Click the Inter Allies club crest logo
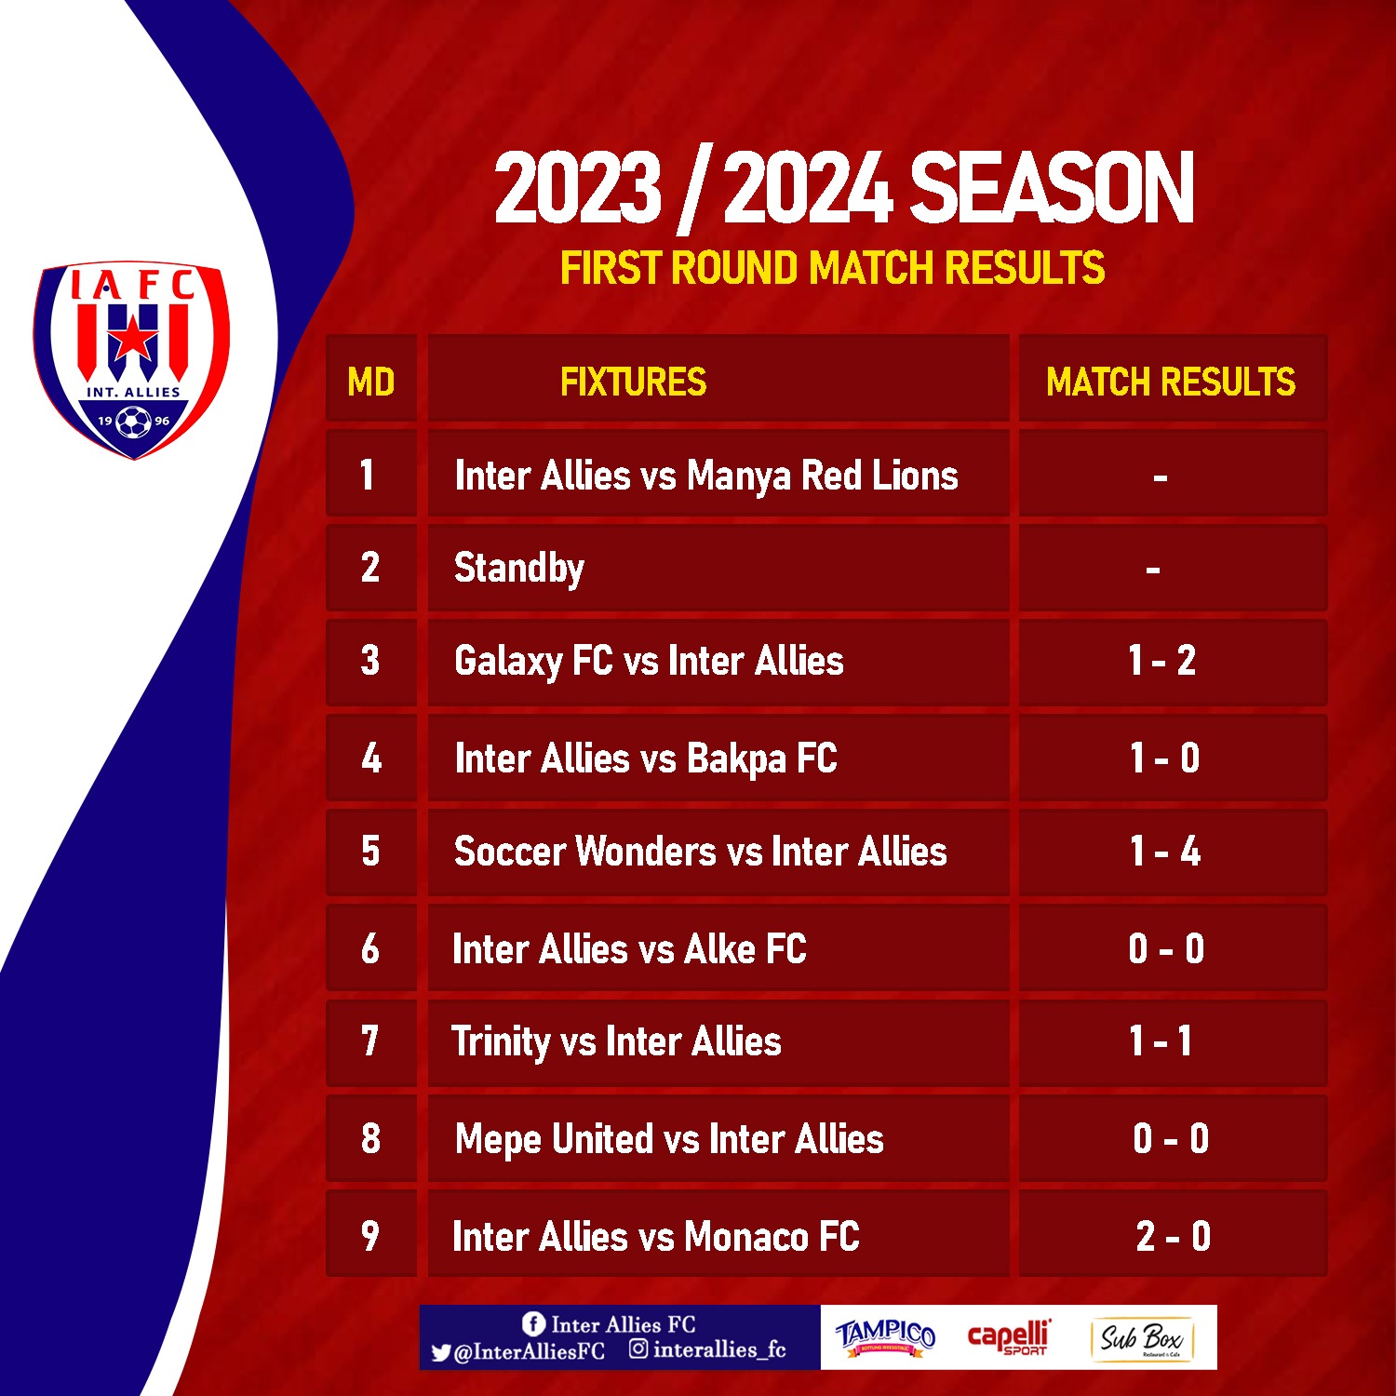click(x=132, y=359)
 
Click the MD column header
click(x=370, y=382)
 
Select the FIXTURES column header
click(x=633, y=382)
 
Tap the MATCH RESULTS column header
click(x=1171, y=382)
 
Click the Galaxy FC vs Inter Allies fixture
click(x=649, y=662)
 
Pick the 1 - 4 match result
click(x=1165, y=852)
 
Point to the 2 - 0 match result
click(x=1173, y=1236)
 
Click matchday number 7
click(x=370, y=1041)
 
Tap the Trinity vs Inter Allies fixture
click(x=616, y=1041)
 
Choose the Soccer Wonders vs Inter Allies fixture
click(x=701, y=852)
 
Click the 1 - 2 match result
click(x=1162, y=661)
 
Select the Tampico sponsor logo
click(x=885, y=1336)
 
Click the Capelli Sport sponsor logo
click(x=1010, y=1336)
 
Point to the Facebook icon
click(x=533, y=1323)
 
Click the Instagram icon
click(x=638, y=1349)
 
